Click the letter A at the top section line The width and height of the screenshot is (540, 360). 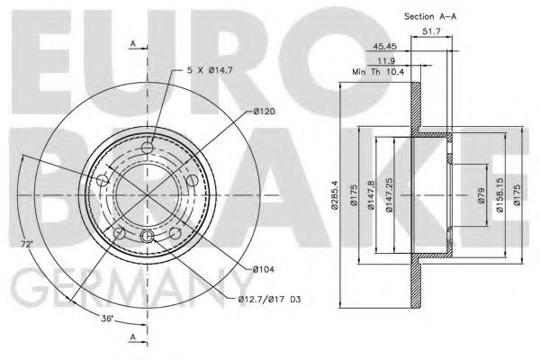pyautogui.click(x=132, y=42)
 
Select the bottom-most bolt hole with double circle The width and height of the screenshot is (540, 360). pyautogui.click(x=147, y=236)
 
